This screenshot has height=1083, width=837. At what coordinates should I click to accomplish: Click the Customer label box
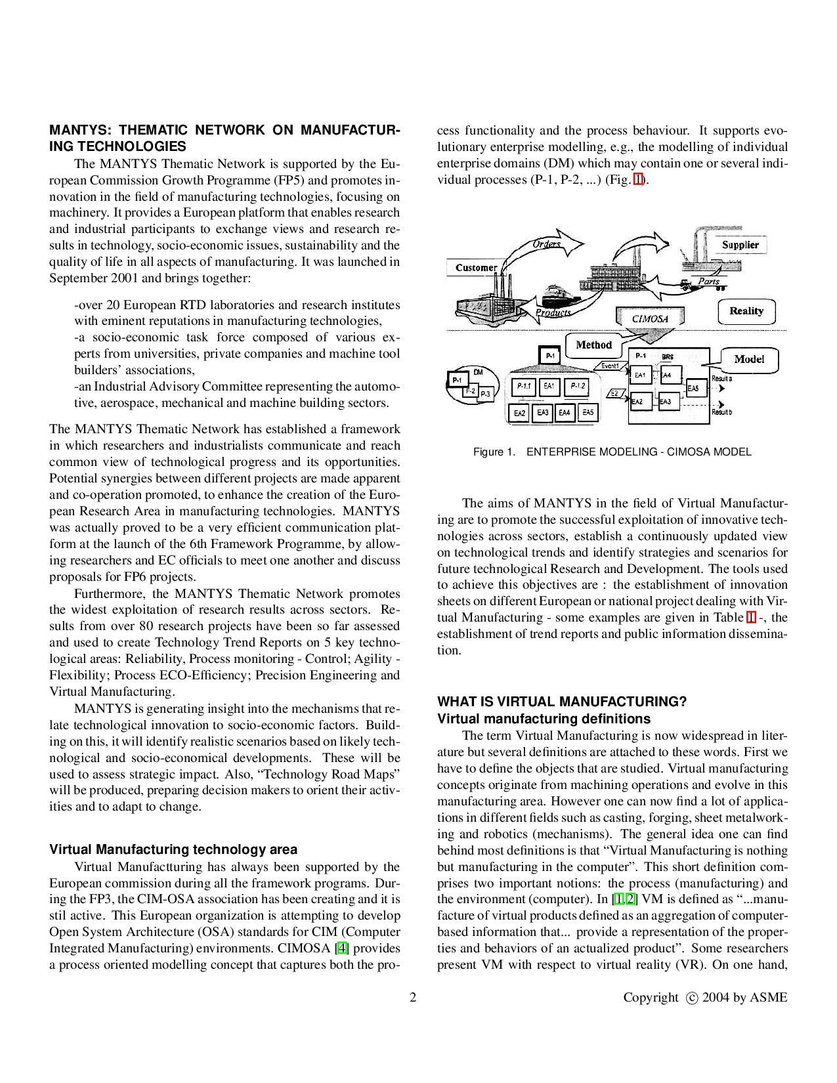click(475, 267)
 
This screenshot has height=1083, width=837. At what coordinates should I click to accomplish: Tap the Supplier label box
click(739, 245)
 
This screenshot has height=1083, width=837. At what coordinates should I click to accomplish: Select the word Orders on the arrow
click(546, 244)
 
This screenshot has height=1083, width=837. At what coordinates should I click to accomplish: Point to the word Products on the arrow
click(553, 312)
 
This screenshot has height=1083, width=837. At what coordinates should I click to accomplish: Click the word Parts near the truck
click(708, 281)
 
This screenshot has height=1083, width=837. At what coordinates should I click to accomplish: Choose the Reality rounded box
click(746, 311)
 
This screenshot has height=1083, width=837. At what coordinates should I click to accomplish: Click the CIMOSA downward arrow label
click(649, 319)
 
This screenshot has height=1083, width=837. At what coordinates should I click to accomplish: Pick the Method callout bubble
click(593, 345)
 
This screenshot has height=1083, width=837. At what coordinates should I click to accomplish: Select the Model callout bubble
click(748, 359)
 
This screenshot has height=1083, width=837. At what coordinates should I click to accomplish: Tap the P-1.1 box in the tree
click(523, 387)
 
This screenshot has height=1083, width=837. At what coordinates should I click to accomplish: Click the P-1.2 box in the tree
click(577, 386)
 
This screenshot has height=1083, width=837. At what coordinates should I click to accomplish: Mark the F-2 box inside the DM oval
click(470, 391)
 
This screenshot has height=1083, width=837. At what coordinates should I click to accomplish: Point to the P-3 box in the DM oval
click(484, 394)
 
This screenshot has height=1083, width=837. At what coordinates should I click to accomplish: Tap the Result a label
click(722, 379)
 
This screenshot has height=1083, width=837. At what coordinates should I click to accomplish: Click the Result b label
click(722, 412)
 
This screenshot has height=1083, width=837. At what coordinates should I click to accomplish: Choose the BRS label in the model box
click(667, 357)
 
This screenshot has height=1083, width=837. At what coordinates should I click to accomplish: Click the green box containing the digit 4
click(342, 948)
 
